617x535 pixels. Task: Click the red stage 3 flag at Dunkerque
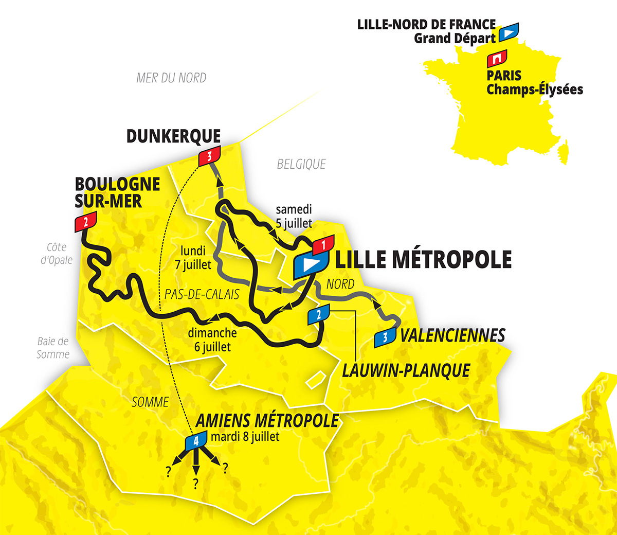pyautogui.click(x=209, y=156)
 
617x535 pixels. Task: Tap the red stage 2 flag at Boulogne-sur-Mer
pyautogui.click(x=85, y=222)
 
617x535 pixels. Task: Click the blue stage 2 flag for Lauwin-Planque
pyautogui.click(x=318, y=314)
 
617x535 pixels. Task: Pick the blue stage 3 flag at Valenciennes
pyautogui.click(x=385, y=337)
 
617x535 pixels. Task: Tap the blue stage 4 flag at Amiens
pyautogui.click(x=195, y=441)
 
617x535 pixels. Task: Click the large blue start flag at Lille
pyautogui.click(x=310, y=264)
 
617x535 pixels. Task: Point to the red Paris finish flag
pyautogui.click(x=497, y=59)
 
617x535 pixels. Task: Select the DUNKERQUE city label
pyautogui.click(x=173, y=136)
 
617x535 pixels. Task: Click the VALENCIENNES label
pyautogui.click(x=452, y=335)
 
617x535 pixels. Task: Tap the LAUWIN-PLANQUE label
pyautogui.click(x=406, y=370)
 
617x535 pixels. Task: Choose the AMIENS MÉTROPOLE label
pyautogui.click(x=267, y=420)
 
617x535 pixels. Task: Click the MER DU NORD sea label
pyautogui.click(x=171, y=78)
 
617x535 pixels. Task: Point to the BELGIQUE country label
pyautogui.click(x=301, y=164)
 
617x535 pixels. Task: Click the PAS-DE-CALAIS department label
pyautogui.click(x=202, y=294)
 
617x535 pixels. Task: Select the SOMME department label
pyautogui.click(x=150, y=402)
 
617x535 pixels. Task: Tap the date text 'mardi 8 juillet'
pyautogui.click(x=245, y=437)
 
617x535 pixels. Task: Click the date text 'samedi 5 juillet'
pyautogui.click(x=294, y=216)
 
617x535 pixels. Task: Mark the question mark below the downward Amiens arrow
pyautogui.click(x=195, y=483)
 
